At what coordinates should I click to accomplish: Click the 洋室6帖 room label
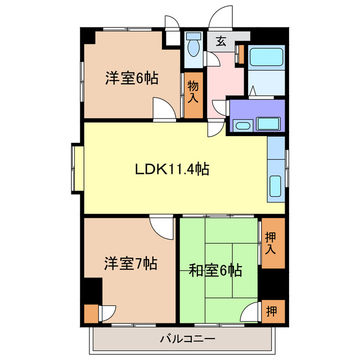coord(130,78)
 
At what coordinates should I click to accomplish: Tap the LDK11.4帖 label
coord(172,169)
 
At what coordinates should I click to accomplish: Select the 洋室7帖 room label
coord(130,263)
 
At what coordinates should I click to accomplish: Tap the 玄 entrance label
coord(222,41)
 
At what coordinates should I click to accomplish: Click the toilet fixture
coord(193,46)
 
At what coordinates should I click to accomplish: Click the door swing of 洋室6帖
coord(164,108)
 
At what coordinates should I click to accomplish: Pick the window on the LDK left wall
coord(76,168)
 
